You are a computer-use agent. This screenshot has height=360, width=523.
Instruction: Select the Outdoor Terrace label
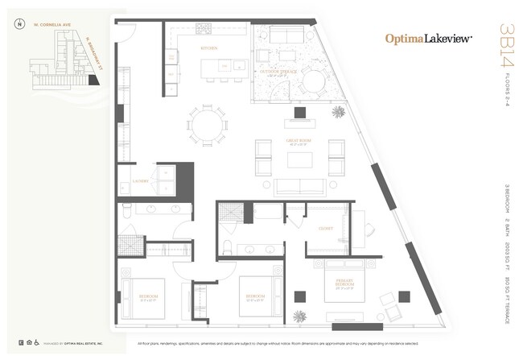click(282, 72)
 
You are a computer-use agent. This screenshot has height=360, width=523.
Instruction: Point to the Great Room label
click(299, 143)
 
